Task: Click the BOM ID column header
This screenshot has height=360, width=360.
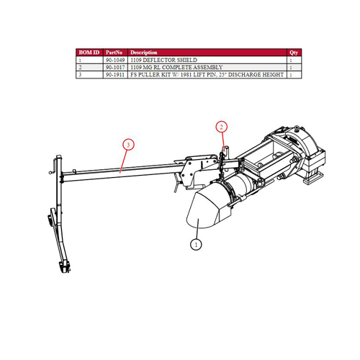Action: click(89, 53)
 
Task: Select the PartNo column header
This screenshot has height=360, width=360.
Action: click(114, 53)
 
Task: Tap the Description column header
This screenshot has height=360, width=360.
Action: click(144, 53)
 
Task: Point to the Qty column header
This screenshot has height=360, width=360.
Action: click(294, 53)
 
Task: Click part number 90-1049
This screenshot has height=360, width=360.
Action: click(115, 60)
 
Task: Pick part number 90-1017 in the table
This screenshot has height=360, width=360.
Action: click(115, 68)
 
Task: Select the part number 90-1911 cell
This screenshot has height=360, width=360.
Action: click(115, 75)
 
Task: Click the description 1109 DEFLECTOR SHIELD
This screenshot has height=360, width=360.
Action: click(163, 60)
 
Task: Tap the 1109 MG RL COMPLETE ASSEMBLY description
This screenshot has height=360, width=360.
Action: click(176, 68)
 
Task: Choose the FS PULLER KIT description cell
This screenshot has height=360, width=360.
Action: click(207, 75)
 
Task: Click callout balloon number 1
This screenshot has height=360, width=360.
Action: click(196, 245)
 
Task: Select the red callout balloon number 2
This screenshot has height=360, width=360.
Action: click(222, 127)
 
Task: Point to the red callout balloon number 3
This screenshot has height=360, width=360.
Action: click(128, 145)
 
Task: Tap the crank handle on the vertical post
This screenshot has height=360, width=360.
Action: click(53, 166)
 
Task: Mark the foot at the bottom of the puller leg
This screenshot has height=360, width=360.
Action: click(65, 267)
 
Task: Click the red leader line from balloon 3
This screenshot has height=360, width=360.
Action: click(123, 161)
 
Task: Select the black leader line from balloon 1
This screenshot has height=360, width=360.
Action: click(197, 229)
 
